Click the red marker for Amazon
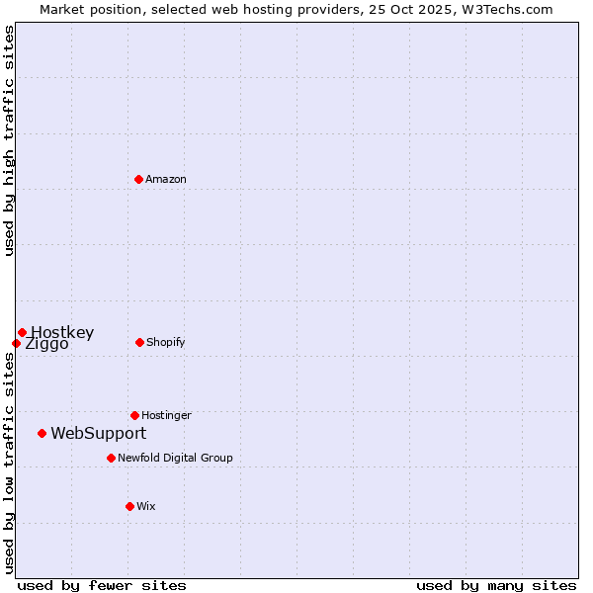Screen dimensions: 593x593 pyautogui.click(x=139, y=179)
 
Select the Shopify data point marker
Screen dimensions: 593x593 pyautogui.click(x=139, y=342)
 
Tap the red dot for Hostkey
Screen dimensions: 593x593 pyautogui.click(x=22, y=332)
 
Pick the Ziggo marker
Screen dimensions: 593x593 pyautogui.click(x=16, y=343)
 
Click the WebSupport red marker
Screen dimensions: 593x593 pyautogui.click(x=42, y=433)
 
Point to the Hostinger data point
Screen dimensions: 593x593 pyautogui.click(x=134, y=415)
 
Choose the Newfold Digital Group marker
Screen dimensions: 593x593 pyautogui.click(x=111, y=458)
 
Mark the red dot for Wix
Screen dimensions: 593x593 pyautogui.click(x=129, y=506)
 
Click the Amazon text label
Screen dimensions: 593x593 pyautogui.click(x=166, y=179)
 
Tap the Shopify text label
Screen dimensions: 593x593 pyautogui.click(x=166, y=342)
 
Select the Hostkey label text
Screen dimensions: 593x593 pyautogui.click(x=62, y=332)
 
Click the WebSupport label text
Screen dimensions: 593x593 pyautogui.click(x=99, y=433)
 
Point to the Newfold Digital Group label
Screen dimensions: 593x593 pyautogui.click(x=175, y=458)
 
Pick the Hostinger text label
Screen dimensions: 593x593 pyautogui.click(x=166, y=415)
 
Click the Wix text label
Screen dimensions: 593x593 pyautogui.click(x=146, y=506)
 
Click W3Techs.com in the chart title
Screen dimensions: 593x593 pyautogui.click(x=510, y=9)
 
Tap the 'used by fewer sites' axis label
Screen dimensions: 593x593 pyautogui.click(x=102, y=585)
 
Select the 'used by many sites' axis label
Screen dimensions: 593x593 pyautogui.click(x=496, y=585)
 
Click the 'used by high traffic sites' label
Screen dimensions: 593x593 pyautogui.click(x=9, y=141)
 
